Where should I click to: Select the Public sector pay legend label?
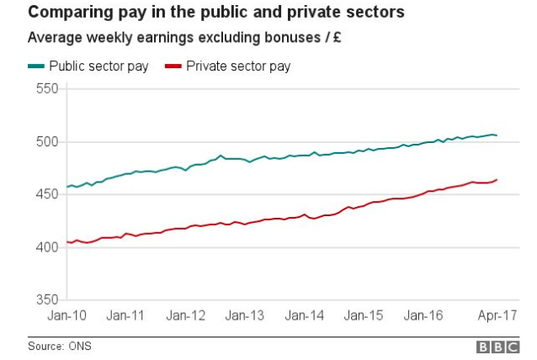98,66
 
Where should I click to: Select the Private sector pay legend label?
238,66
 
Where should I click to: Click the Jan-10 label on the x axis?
67,316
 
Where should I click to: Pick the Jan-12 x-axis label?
186,316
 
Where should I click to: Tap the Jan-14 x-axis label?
305,316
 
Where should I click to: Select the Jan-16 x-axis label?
423,316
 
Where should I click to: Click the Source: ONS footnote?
59,346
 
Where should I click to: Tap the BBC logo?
499,347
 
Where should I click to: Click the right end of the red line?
497,179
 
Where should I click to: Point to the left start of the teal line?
66,187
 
